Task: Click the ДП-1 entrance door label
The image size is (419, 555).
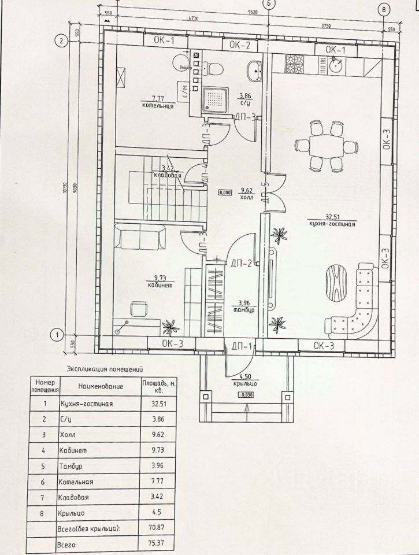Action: pos(240,346)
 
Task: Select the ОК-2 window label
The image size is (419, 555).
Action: pos(239,45)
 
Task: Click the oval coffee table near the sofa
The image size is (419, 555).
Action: pos(336,283)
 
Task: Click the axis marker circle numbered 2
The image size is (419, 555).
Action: pos(58,40)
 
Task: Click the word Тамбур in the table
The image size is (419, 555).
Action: pos(72,465)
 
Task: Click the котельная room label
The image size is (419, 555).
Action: pos(157,106)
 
